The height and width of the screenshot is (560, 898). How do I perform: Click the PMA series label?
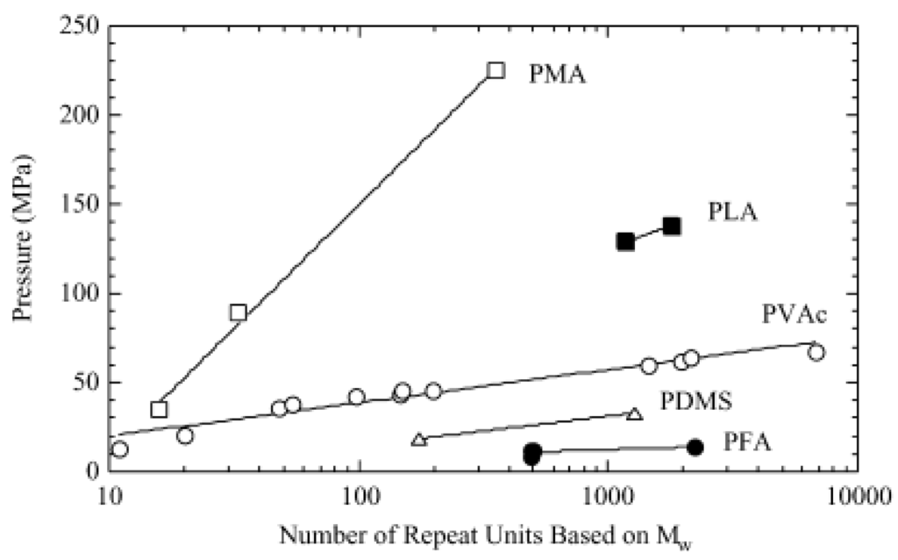[x=557, y=73]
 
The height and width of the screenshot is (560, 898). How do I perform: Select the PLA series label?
[x=733, y=212]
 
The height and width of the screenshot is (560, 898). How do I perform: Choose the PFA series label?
[x=747, y=442]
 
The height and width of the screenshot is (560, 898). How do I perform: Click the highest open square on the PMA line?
[x=495, y=70]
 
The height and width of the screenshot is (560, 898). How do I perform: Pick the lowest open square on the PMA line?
[x=159, y=409]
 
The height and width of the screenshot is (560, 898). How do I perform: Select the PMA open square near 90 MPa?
[x=238, y=312]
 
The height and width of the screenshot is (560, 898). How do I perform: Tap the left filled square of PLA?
[x=625, y=241]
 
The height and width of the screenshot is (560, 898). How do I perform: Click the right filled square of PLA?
[x=672, y=226]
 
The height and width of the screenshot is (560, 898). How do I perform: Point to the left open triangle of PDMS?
[x=419, y=439]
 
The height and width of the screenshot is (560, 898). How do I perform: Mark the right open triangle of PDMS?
[x=635, y=413]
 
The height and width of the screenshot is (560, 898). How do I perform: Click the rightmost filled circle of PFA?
[x=695, y=448]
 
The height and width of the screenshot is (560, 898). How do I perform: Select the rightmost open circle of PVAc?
[x=816, y=352]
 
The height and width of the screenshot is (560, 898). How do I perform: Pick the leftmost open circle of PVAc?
[x=120, y=449]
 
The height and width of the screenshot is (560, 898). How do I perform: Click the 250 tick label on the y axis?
[x=81, y=26]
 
